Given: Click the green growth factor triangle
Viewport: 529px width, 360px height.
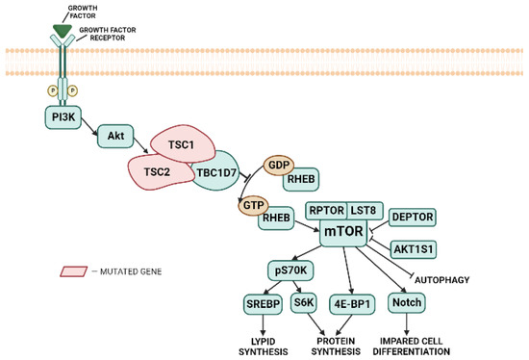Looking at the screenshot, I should click(63, 33).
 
